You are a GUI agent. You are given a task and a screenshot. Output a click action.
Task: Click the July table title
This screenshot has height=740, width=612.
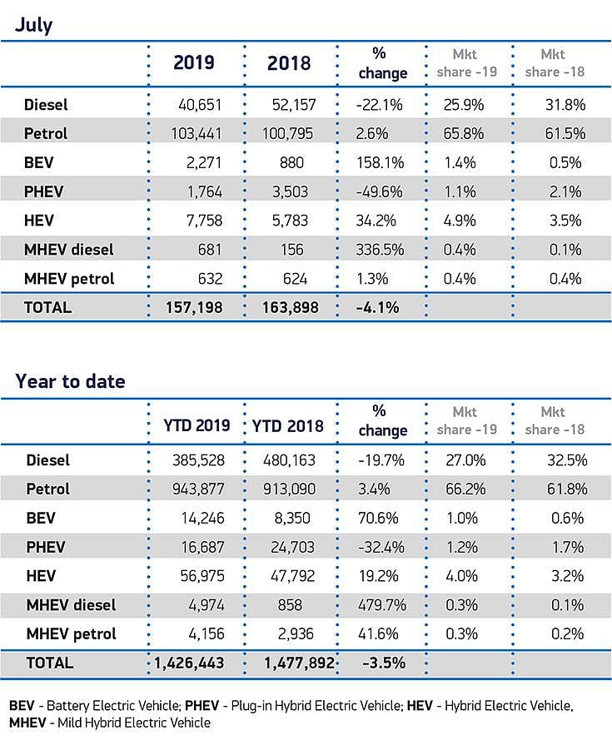pos(33,24)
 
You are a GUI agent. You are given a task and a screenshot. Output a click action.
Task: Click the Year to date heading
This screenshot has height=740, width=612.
pos(71,381)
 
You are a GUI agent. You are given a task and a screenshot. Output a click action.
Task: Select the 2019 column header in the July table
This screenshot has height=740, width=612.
pos(194,62)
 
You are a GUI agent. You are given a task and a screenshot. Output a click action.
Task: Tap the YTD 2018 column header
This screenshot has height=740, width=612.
pos(287,425)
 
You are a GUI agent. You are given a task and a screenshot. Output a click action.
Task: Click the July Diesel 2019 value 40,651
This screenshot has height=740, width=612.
pos(200,105)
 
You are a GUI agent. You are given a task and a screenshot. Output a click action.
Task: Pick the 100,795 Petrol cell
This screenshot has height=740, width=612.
pos(287,133)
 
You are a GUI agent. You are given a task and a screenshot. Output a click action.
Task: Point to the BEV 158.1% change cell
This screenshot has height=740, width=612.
pos(380,163)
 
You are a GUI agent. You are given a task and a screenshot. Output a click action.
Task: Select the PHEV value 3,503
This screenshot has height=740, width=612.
pos(290,191)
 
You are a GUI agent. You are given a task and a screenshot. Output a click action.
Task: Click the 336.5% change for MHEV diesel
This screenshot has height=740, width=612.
pos(380,250)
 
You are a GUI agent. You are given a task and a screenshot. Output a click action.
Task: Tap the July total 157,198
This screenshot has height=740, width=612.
pos(194,308)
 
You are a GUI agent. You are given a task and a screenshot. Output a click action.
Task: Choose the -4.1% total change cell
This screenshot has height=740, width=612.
pos(377,308)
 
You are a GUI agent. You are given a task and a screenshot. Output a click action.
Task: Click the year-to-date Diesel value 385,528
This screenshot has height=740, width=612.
pos(198,460)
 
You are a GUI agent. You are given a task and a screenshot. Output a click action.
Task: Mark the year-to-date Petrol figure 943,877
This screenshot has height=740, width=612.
pos(198,489)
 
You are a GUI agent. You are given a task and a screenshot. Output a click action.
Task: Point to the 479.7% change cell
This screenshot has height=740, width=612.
pos(382,605)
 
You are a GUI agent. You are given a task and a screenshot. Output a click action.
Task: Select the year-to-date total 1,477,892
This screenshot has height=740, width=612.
pos(300,663)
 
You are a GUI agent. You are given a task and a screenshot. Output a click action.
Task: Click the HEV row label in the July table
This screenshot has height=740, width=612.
pos(39,221)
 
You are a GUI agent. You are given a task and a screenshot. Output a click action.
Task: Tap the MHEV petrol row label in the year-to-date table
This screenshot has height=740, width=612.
pos(72,633)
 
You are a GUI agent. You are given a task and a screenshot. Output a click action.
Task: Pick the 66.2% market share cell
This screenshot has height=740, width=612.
pos(465,489)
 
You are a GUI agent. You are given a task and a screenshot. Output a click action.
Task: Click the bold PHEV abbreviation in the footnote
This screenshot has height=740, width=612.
pos(202,706)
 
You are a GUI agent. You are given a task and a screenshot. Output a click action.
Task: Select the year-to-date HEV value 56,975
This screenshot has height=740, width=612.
pos(202,576)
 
